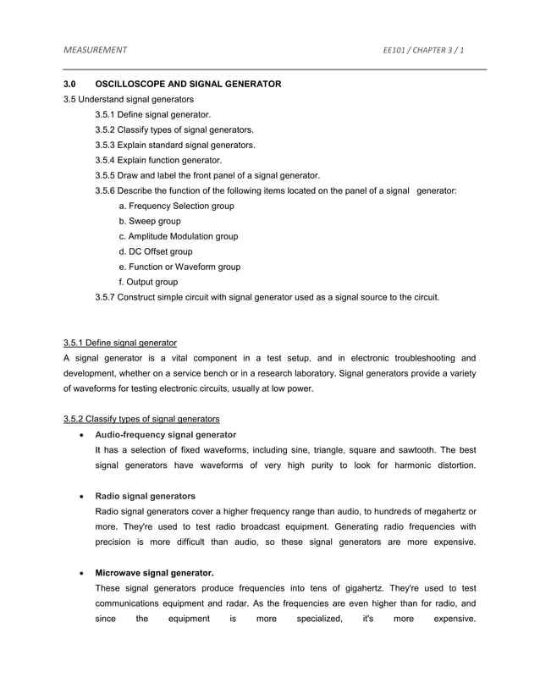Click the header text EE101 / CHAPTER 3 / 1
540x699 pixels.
(x=423, y=50)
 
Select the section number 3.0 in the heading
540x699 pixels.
(x=70, y=85)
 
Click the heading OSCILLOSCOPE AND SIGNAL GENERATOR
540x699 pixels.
(x=188, y=85)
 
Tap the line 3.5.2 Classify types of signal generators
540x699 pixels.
(x=174, y=129)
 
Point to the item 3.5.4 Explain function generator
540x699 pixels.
(x=159, y=160)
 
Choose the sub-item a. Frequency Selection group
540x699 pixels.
(x=177, y=206)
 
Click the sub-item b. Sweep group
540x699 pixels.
(x=150, y=221)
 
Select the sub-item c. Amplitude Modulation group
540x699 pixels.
(x=179, y=236)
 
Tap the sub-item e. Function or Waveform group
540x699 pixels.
(x=179, y=267)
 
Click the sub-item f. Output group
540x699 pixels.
(x=149, y=282)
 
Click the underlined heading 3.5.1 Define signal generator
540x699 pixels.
(x=120, y=343)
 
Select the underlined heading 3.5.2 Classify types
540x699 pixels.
(x=141, y=419)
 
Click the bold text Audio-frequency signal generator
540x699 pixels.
(x=166, y=434)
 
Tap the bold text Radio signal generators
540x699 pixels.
(x=146, y=495)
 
